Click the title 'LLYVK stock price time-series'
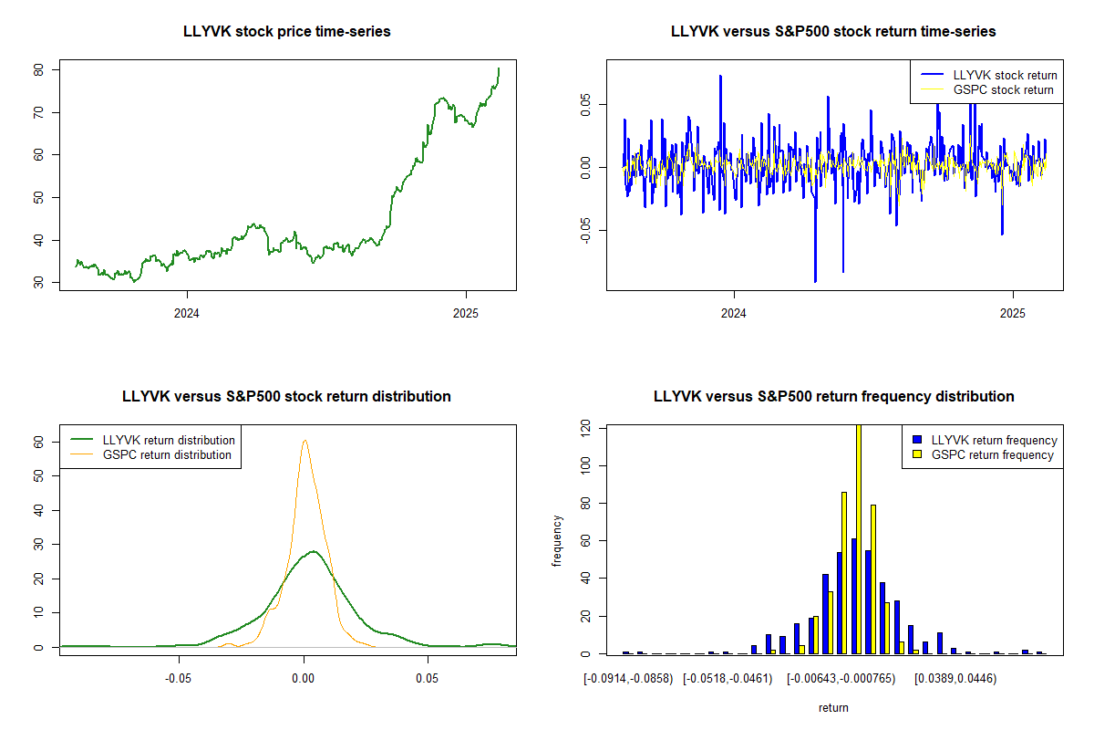coord(286,32)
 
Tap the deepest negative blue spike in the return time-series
coord(815,279)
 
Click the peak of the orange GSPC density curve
coord(304,441)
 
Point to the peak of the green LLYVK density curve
coord(313,551)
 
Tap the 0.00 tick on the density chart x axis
coord(304,679)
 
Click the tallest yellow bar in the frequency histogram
coord(858,538)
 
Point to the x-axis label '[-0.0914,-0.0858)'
coord(628,679)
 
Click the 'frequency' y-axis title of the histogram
coord(557,541)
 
